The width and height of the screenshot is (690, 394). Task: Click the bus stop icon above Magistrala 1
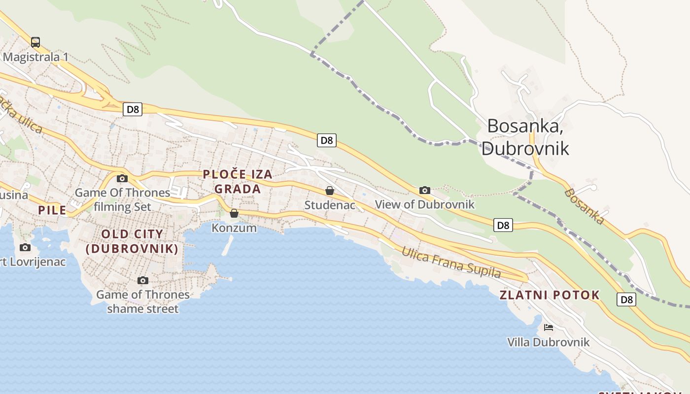(35, 42)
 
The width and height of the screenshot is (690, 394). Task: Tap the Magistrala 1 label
(35, 57)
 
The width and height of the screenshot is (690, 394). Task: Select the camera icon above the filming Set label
(122, 179)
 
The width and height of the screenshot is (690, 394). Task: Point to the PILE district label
(52, 210)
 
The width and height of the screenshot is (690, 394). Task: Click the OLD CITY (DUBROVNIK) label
(132, 241)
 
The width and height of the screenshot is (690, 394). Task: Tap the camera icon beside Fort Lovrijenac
(25, 247)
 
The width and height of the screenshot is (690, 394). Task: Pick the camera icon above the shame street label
(143, 281)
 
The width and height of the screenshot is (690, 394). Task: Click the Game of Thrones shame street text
(143, 301)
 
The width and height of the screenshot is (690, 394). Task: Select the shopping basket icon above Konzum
(234, 213)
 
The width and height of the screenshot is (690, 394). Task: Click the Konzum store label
(234, 228)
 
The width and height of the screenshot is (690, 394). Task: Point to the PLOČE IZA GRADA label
(238, 181)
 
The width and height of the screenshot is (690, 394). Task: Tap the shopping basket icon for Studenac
(330, 191)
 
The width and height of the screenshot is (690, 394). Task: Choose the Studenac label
(330, 205)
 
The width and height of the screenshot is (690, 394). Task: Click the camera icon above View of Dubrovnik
(425, 190)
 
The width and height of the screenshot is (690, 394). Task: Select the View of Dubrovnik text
(425, 204)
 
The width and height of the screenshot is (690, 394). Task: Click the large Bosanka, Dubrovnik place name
(525, 137)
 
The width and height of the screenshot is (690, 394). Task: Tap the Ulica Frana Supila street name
(451, 262)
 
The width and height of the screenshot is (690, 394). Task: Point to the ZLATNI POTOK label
(550, 295)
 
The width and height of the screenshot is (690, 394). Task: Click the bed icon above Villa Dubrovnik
(548, 328)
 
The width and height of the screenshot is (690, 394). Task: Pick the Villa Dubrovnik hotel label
(548, 342)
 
